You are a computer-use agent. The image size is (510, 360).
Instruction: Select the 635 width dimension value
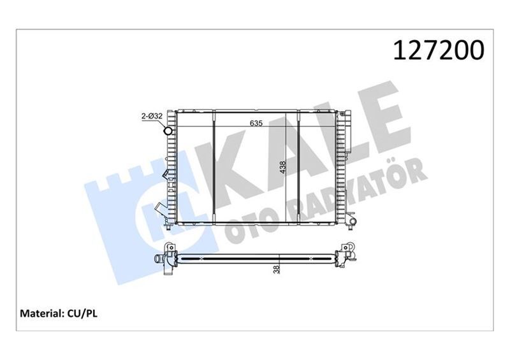pyautogui.click(x=256, y=123)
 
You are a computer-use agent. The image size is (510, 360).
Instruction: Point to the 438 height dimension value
pyautogui.click(x=283, y=168)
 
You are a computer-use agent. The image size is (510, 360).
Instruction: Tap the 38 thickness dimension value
pyautogui.click(x=276, y=270)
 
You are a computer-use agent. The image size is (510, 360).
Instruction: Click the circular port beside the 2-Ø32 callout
pyautogui.click(x=168, y=132)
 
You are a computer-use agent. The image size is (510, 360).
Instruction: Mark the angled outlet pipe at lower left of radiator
pyautogui.click(x=159, y=210)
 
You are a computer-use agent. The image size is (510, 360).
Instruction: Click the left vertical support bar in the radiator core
pyautogui.click(x=214, y=167)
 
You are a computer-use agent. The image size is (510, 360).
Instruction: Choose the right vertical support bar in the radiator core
pyautogui.click(x=298, y=167)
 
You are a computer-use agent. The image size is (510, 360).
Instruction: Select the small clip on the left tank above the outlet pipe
pyautogui.click(x=166, y=173)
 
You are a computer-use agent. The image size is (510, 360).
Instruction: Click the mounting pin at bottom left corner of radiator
pyautogui.click(x=167, y=225)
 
